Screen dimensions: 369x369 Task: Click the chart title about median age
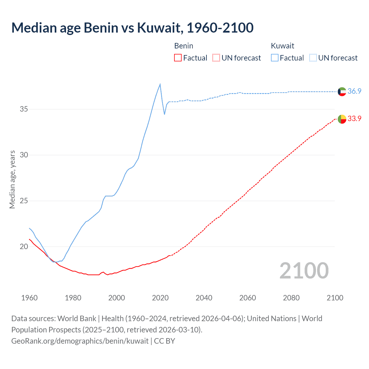click(x=132, y=28)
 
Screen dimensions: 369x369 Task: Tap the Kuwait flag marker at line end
click(x=342, y=91)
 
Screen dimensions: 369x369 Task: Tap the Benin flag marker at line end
click(x=342, y=119)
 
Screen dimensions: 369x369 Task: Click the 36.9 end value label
click(x=354, y=91)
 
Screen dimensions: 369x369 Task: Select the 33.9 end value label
click(x=354, y=118)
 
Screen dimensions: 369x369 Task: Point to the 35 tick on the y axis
click(x=24, y=109)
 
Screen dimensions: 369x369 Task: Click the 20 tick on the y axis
click(x=24, y=246)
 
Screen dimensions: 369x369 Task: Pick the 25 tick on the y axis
click(x=24, y=201)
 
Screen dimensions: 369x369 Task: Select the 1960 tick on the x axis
click(x=29, y=298)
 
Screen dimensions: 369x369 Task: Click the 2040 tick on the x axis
click(x=204, y=298)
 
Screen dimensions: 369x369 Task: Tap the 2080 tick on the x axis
click(x=291, y=298)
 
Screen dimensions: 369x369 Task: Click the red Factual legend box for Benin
click(x=178, y=58)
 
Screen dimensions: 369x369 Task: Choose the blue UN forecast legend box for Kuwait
click(x=313, y=58)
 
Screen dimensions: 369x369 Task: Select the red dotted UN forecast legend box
click(x=216, y=58)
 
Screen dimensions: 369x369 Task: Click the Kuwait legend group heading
click(x=283, y=46)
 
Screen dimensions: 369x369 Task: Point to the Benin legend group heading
click(x=184, y=46)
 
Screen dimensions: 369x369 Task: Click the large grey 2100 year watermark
click(x=304, y=270)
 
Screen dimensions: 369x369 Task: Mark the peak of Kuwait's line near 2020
click(x=160, y=84)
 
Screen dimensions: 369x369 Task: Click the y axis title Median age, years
click(x=12, y=179)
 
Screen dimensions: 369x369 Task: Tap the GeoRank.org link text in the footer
click(x=80, y=341)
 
